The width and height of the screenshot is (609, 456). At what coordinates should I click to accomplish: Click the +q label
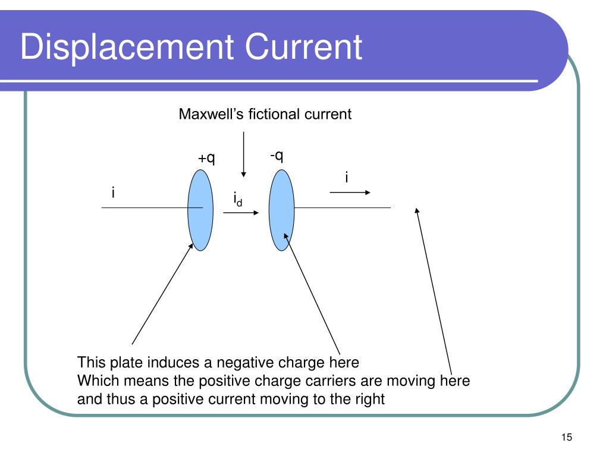pyautogui.click(x=206, y=158)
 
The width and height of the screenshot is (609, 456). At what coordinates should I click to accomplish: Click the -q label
pyautogui.click(x=277, y=156)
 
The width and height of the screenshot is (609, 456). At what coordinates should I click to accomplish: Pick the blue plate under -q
pyautogui.click(x=281, y=210)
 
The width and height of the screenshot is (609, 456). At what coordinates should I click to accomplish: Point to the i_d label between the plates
pyautogui.click(x=237, y=199)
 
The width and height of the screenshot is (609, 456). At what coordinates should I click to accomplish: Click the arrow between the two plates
pyautogui.click(x=241, y=212)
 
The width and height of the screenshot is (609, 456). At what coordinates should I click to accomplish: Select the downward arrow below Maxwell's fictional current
pyautogui.click(x=244, y=154)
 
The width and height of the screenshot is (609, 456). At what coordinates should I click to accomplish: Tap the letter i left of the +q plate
pyautogui.click(x=113, y=193)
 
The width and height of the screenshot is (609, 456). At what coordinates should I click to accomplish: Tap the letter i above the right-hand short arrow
pyautogui.click(x=347, y=177)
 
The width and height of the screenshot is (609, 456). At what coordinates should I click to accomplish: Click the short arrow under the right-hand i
pyautogui.click(x=350, y=192)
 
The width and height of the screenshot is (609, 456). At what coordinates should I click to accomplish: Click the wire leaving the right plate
pyautogui.click(x=343, y=208)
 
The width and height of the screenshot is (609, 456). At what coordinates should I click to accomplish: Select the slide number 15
pyautogui.click(x=566, y=438)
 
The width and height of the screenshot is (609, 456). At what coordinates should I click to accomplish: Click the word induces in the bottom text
pyautogui.click(x=177, y=363)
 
